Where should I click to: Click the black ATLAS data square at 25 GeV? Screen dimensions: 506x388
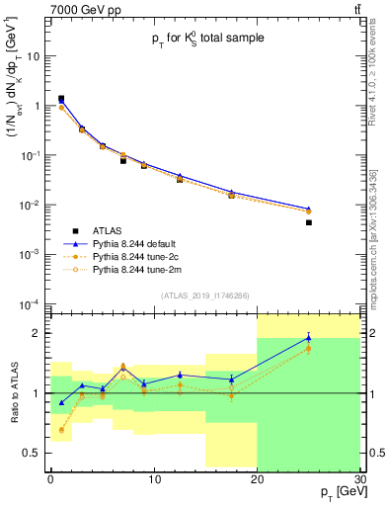[x=308, y=222]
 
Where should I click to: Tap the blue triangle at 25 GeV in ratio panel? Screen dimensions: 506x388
[x=308, y=338]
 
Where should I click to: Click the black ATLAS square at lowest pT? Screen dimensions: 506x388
[x=61, y=99]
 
